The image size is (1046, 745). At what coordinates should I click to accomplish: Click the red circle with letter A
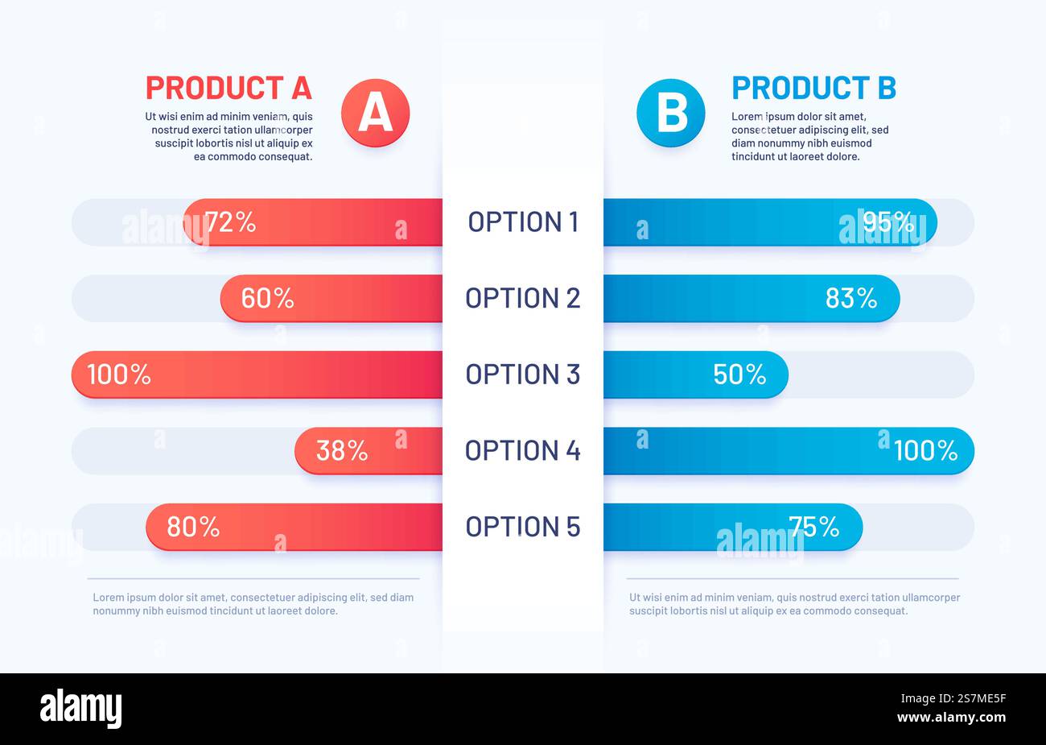375,113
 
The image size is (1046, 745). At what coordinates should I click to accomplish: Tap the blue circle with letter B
670,113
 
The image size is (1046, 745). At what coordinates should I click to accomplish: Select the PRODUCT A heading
229,87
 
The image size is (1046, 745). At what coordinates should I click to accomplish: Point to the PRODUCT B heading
813,87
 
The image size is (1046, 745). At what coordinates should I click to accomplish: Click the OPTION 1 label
523,221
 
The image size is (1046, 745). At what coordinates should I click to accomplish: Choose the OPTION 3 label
523,375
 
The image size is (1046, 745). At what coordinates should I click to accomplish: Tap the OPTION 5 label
523,527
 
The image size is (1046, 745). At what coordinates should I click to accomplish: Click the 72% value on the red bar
230,222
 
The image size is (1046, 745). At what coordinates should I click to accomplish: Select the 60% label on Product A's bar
267,299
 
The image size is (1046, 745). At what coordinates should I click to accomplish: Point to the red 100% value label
118,375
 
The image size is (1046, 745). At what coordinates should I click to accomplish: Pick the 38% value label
341,451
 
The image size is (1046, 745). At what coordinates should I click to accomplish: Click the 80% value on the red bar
193,527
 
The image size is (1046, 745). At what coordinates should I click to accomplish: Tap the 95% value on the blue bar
888,221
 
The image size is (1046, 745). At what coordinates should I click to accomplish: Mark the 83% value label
851,299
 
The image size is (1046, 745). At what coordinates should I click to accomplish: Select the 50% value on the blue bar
739,375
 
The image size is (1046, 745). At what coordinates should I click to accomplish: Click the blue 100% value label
925,451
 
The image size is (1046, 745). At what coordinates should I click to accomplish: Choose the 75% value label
813,527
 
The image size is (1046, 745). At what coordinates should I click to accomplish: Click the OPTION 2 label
523,298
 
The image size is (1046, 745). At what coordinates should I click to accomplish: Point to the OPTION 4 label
523,450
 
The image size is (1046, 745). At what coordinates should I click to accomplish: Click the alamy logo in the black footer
81,709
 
